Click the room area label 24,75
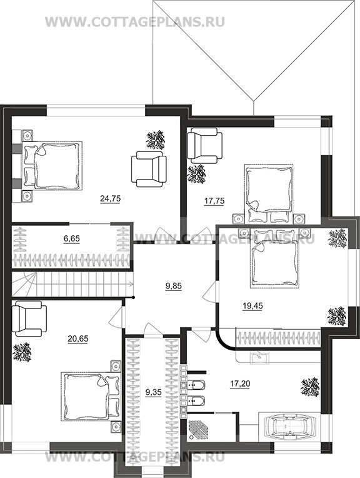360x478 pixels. coord(110,199)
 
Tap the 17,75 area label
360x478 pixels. coord(214,201)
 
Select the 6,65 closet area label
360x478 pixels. coord(72,238)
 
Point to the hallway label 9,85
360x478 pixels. coord(173,286)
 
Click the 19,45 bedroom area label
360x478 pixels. coord(252,305)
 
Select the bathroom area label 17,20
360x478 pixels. coord(240,384)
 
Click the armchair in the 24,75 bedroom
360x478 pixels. coord(149,169)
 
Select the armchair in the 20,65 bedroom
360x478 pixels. coord(29,318)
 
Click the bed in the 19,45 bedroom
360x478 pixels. coord(274,258)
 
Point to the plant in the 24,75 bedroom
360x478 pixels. coord(155,140)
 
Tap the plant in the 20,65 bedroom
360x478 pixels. coord(22,352)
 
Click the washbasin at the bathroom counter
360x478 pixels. coord(259,358)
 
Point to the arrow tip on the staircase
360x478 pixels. coord(132,284)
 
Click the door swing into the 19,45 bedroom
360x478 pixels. coord(210,291)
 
